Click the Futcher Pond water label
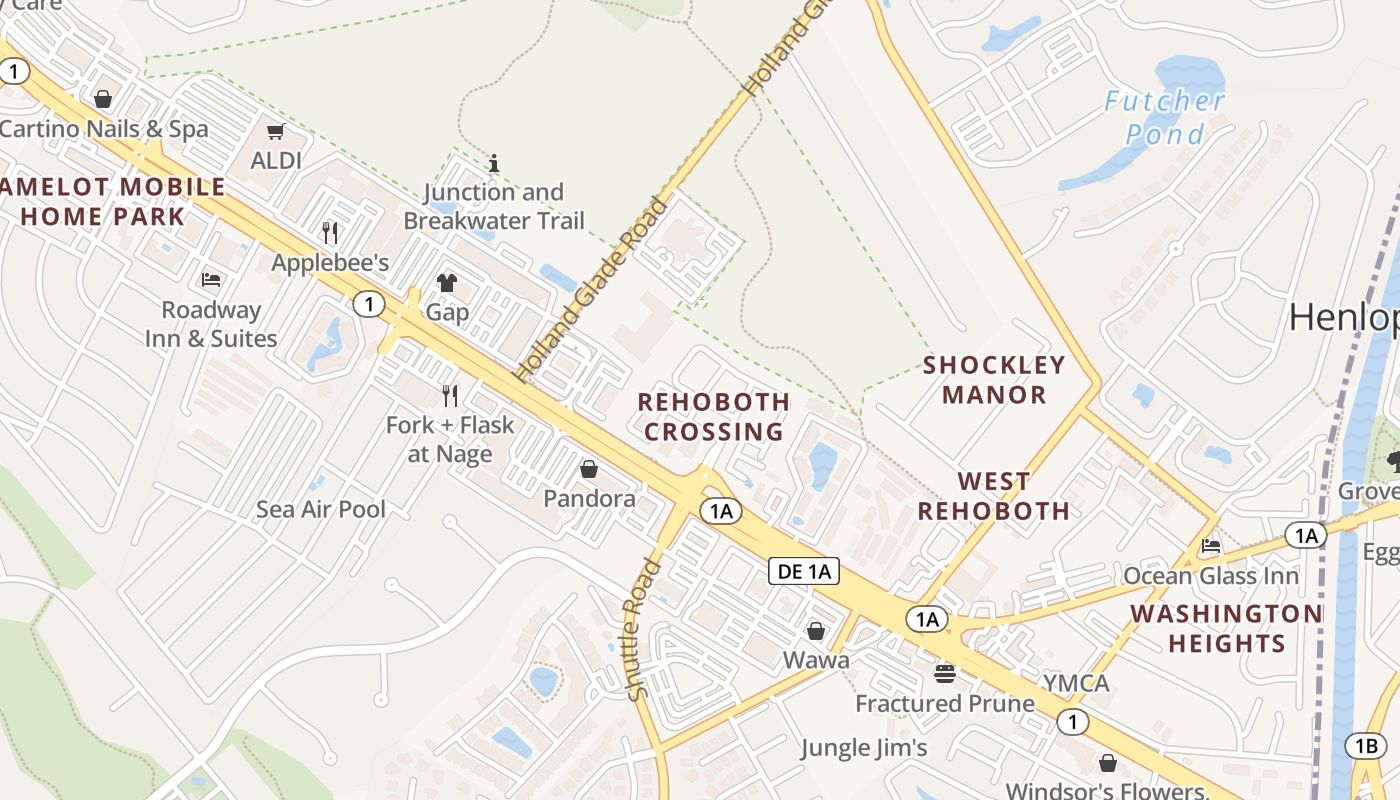pos(1164,117)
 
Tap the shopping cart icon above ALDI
pos(275,132)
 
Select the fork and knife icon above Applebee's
pos(330,233)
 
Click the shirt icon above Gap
pos(447,283)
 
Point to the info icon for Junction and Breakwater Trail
pos(493,162)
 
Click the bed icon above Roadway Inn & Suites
pos(211,280)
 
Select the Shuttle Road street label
pos(643,629)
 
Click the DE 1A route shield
pos(803,571)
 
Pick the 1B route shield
pos(1366,745)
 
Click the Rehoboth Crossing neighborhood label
pos(714,416)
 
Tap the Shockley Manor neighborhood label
pos(994,379)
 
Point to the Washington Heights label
pos(1226,628)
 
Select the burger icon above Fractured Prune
pos(945,673)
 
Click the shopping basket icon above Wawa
pos(816,631)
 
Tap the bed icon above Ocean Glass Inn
pos(1211,546)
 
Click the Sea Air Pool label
pos(321,509)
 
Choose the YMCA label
pos(1076,683)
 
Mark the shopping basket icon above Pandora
pos(589,468)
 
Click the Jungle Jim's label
pos(864,747)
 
